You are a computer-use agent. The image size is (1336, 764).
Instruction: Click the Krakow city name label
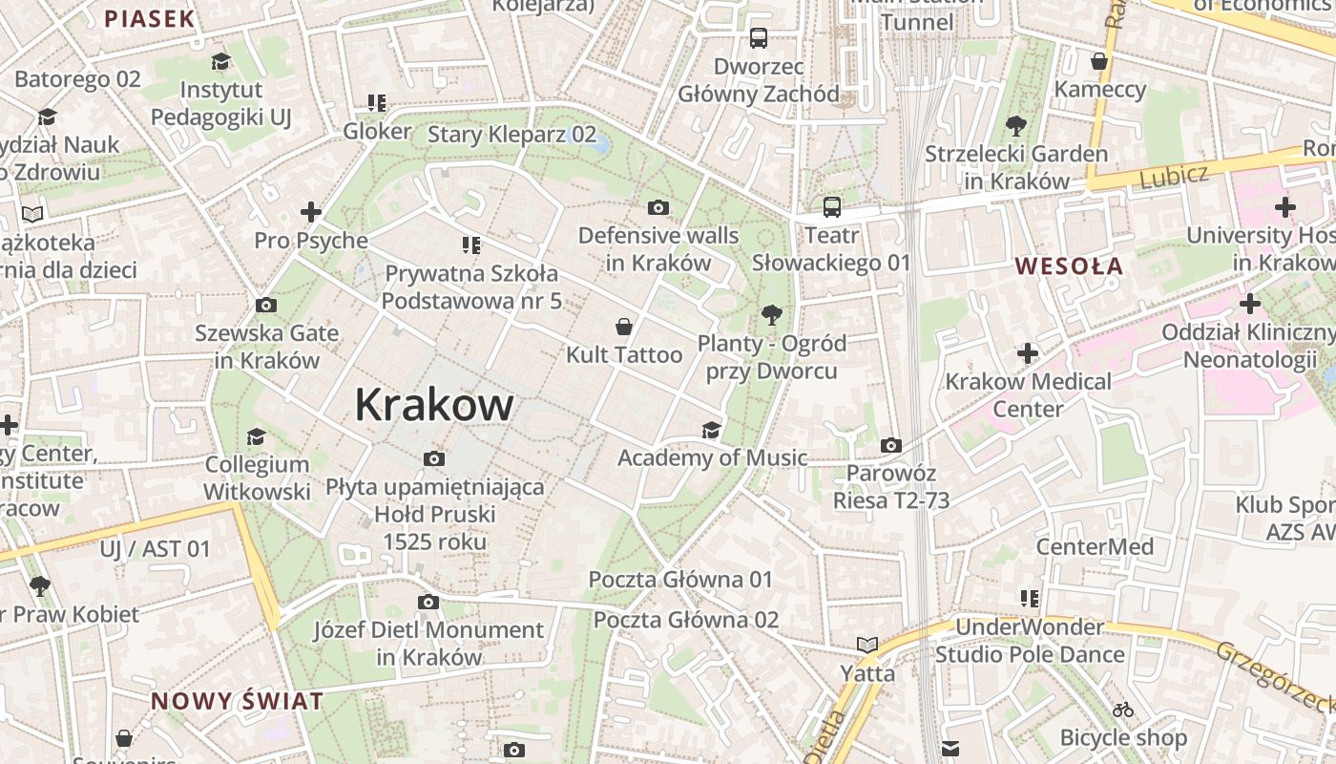[x=434, y=405]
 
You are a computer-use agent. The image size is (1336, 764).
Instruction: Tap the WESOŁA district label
[x=1069, y=266]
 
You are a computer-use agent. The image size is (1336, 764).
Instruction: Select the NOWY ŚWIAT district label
[x=237, y=701]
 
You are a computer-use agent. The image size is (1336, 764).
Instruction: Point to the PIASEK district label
[x=149, y=18]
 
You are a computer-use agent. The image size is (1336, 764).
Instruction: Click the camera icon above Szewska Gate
[x=266, y=306]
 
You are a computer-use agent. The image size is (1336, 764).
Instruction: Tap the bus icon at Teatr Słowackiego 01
[x=832, y=207]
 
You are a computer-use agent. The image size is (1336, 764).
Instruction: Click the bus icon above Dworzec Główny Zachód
[x=759, y=38]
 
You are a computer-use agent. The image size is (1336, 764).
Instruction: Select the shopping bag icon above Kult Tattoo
[x=624, y=328]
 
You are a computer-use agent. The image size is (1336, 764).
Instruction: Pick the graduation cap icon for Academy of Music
[x=711, y=430]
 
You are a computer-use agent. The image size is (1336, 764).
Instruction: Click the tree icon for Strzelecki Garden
[x=1015, y=126]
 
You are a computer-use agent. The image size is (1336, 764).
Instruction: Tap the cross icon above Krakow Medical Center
[x=1028, y=354]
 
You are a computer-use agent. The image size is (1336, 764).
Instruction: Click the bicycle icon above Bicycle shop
[x=1123, y=711]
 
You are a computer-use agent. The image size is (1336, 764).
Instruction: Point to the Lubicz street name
[x=1173, y=176]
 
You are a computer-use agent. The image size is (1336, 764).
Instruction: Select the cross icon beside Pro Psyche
[x=311, y=212]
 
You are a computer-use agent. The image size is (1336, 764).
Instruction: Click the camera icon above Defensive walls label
[x=658, y=208]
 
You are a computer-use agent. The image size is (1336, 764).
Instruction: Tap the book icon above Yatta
[x=867, y=646]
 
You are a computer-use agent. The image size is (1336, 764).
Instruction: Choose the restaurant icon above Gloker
[x=377, y=103]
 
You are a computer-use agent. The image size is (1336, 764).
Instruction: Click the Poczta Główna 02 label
[x=686, y=620]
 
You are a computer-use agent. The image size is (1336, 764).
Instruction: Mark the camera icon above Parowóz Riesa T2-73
[x=890, y=446]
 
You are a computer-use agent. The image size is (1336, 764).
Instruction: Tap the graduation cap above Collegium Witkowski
[x=256, y=437]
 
